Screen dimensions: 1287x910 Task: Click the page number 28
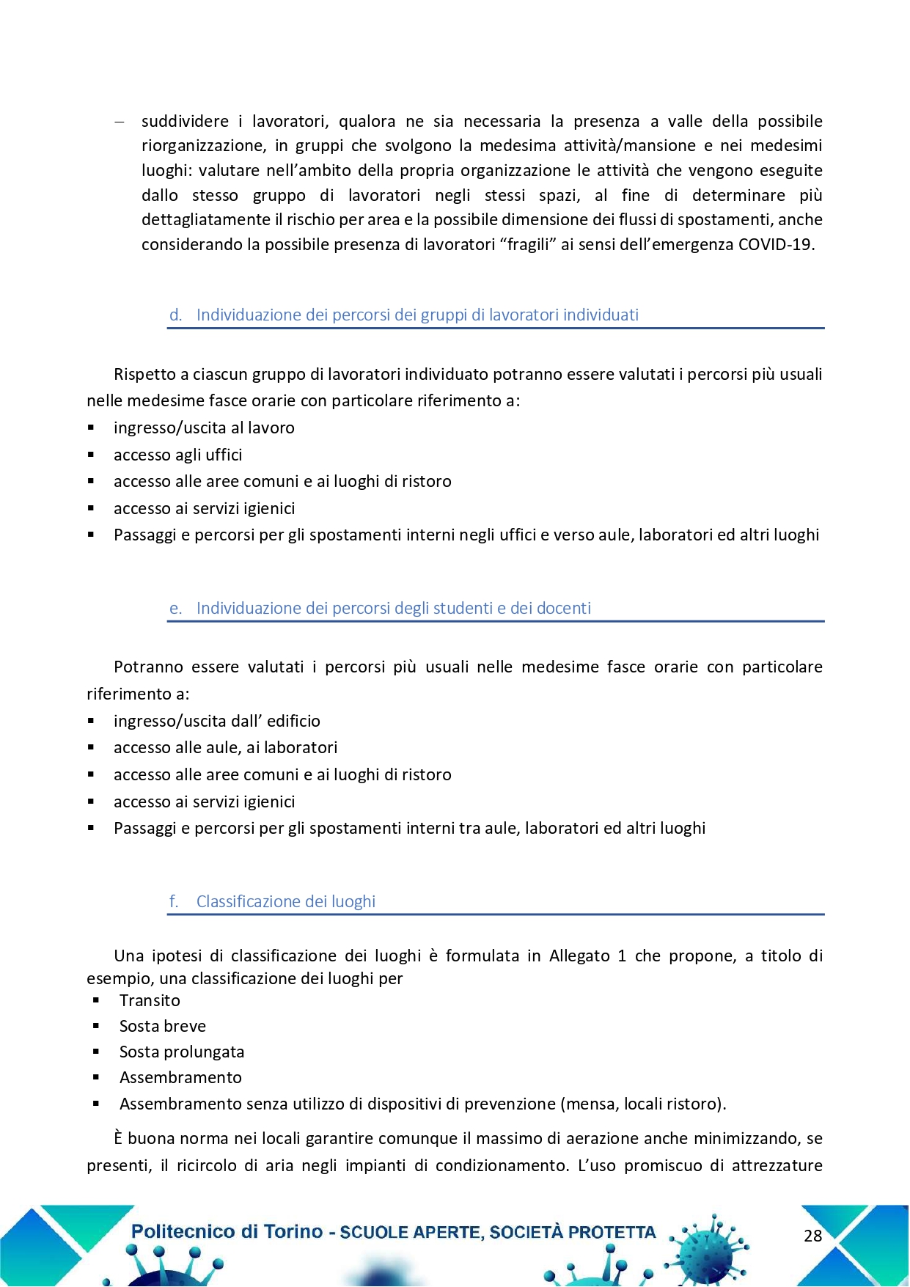pyautogui.click(x=812, y=1236)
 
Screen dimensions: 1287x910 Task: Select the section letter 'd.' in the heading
pyautogui.click(x=175, y=315)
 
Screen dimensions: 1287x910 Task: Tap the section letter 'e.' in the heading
pyautogui.click(x=175, y=609)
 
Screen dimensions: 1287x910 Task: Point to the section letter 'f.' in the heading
pyautogui.click(x=174, y=902)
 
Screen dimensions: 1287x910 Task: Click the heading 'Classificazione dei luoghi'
pyautogui.click(x=285, y=902)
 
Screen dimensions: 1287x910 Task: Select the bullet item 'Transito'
pyautogui.click(x=150, y=1001)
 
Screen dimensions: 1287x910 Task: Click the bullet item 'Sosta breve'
pyautogui.click(x=163, y=1027)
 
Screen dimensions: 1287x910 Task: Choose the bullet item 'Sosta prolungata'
pyautogui.click(x=182, y=1052)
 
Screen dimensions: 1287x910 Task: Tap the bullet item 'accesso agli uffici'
pyautogui.click(x=177, y=455)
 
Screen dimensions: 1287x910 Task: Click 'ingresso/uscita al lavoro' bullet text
pyautogui.click(x=204, y=428)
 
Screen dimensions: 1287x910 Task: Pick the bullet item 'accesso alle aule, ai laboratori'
pyautogui.click(x=225, y=748)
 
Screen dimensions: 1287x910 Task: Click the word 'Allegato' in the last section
pyautogui.click(x=579, y=956)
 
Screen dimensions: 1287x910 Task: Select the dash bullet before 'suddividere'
pyautogui.click(x=119, y=122)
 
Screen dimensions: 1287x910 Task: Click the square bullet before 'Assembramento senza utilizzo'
pyautogui.click(x=96, y=1104)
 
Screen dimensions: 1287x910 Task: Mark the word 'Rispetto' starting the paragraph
pyautogui.click(x=144, y=375)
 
